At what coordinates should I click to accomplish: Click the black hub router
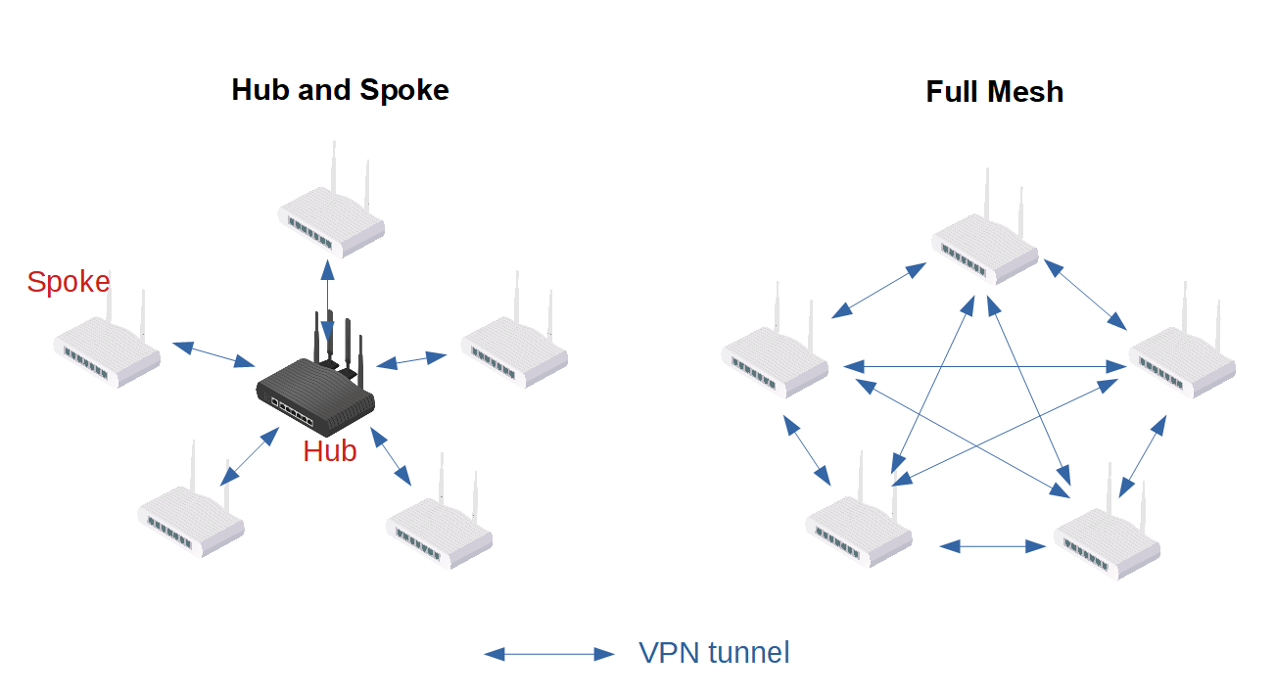(315, 392)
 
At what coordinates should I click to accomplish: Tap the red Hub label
(329, 451)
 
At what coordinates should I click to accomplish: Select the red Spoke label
(69, 282)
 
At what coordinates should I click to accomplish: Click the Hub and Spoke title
(340, 90)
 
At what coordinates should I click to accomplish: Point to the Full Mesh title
(994, 92)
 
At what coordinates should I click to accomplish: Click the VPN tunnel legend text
(714, 653)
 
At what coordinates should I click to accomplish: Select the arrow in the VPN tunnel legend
(549, 654)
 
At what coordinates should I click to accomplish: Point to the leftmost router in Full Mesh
(775, 362)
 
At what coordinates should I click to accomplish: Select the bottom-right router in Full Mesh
(1107, 543)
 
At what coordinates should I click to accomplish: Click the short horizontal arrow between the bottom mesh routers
(993, 546)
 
